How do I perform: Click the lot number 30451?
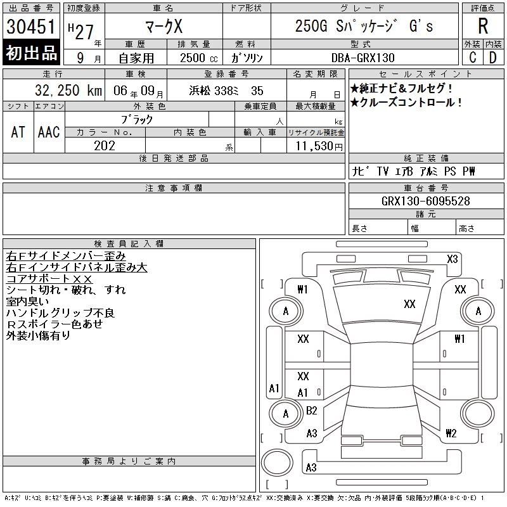click(30, 26)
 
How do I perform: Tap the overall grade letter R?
click(483, 26)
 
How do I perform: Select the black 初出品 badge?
click(31, 53)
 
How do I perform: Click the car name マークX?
click(164, 26)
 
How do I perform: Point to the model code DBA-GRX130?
click(363, 58)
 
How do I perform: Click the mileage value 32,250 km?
click(68, 91)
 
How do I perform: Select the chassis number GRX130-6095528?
click(426, 201)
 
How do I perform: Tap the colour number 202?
click(105, 146)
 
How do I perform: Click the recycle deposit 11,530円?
click(319, 146)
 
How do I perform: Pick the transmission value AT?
click(18, 132)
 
